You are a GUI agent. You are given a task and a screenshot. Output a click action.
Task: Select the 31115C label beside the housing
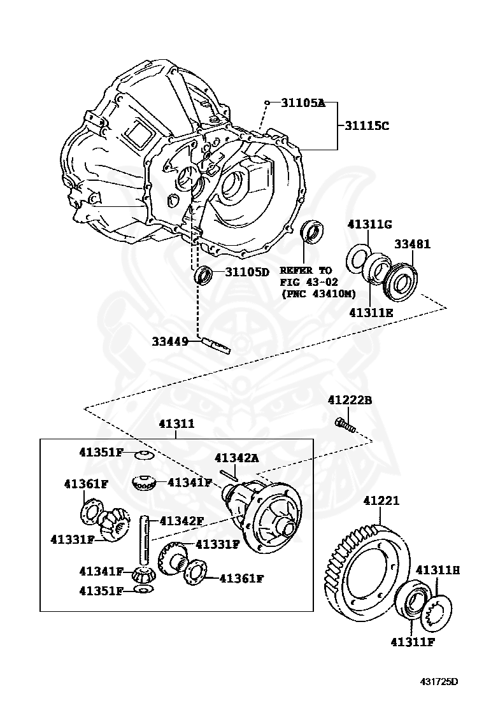[x=366, y=125]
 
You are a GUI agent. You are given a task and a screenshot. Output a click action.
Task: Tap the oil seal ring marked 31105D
[x=203, y=275]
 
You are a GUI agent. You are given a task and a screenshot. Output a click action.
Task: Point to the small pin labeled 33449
[x=215, y=344]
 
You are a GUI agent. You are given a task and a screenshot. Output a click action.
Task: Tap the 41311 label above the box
[x=176, y=423]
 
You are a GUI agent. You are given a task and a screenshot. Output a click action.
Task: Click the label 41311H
[x=438, y=569]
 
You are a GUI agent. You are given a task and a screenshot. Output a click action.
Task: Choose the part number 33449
[x=170, y=341]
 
